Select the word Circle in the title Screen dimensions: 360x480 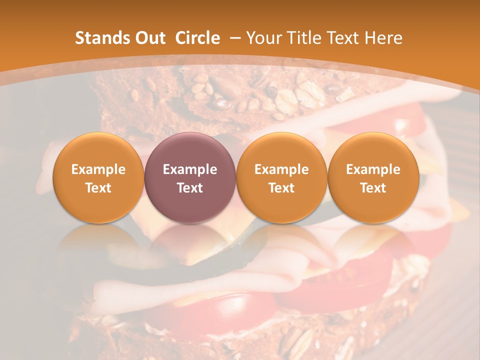coord(197,38)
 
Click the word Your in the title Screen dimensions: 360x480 coord(262,38)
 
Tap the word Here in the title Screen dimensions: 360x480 coord(385,38)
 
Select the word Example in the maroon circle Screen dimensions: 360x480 coord(190,169)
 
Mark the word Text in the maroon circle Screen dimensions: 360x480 coord(190,188)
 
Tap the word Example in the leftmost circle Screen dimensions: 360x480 coord(98,169)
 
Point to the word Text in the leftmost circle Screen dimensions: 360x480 coord(98,188)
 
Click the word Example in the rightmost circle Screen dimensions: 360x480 coord(373,169)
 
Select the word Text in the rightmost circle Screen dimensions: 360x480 coord(373,188)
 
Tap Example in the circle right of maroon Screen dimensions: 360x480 coord(281,169)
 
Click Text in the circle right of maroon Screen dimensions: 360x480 coord(281,188)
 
